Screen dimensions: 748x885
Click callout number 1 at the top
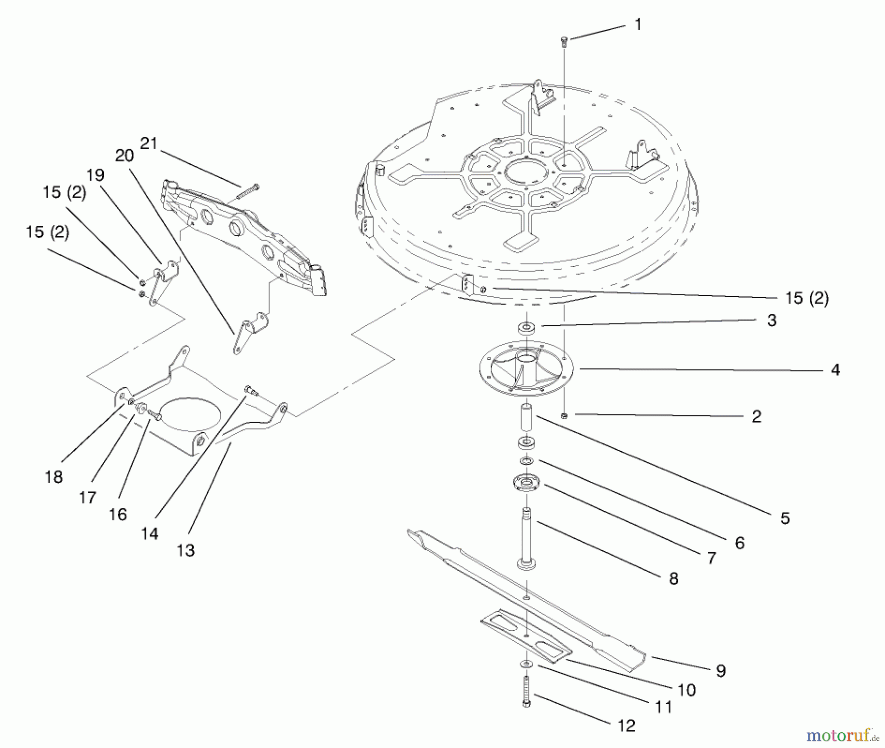(638, 25)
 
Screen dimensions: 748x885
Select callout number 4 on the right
(835, 370)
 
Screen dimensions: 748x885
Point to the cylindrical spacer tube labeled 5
(527, 418)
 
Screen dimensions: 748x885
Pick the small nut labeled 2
(564, 416)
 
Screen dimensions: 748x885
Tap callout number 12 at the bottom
(626, 725)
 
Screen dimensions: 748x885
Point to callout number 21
(148, 143)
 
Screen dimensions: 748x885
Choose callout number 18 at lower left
(54, 476)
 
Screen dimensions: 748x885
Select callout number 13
(185, 550)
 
